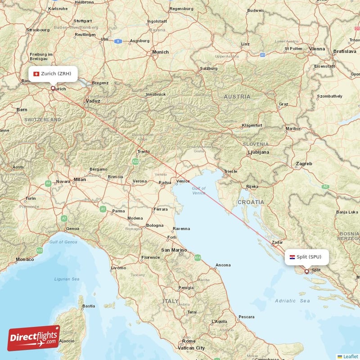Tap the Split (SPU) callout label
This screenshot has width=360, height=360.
306,257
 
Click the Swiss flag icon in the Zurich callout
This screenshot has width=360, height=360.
36,74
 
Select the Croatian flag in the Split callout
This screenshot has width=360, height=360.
292,257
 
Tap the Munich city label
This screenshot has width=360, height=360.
160,52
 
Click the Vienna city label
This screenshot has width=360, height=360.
317,49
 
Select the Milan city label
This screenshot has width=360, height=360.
80,180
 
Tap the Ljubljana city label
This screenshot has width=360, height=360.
258,153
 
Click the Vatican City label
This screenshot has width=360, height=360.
191,348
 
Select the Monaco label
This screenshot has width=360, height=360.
25,259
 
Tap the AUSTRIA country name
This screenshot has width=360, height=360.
237,97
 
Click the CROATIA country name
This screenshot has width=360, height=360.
251,202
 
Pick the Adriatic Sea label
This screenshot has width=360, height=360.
292,301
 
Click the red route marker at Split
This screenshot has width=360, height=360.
307,271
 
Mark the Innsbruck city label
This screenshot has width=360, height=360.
156,94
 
